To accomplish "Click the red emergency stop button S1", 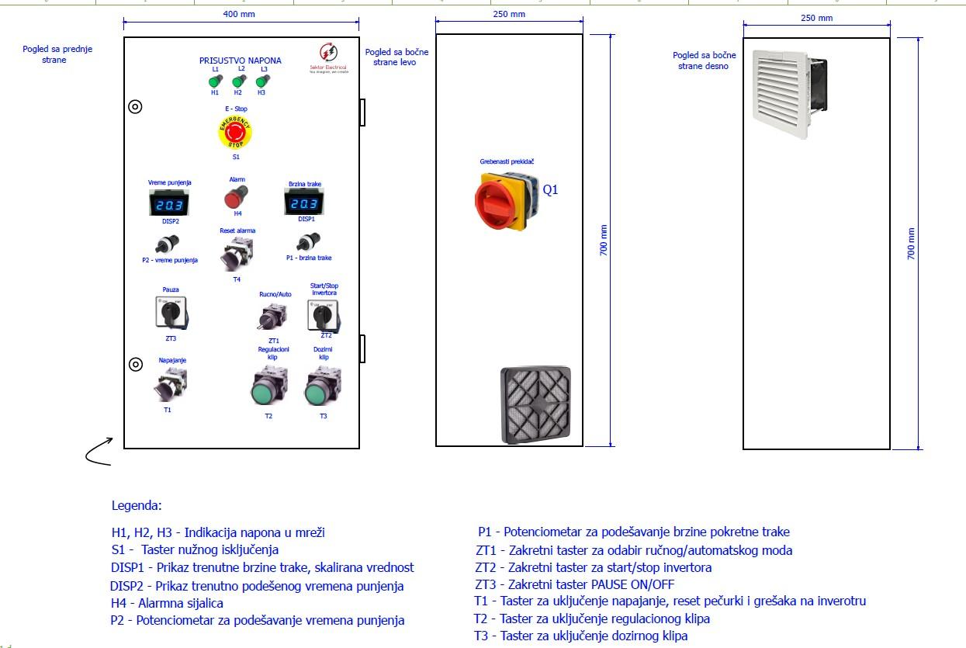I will click(235, 133).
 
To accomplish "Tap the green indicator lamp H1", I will click(215, 80).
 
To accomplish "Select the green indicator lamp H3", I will click(261, 80).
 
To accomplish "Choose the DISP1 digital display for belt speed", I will click(303, 204).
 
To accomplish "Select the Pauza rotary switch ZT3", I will click(171, 314).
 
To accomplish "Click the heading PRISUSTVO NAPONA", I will click(241, 61).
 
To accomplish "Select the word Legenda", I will click(137, 505).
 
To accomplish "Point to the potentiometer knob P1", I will click(313, 241).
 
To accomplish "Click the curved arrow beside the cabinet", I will click(99, 453).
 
